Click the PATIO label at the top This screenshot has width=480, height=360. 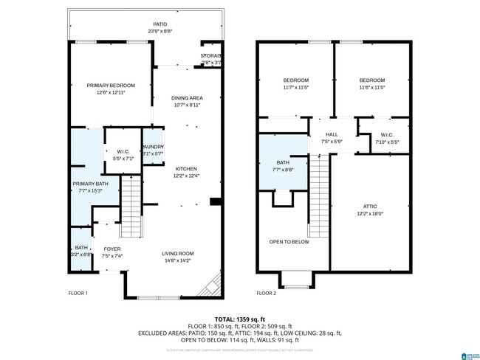pyautogui.click(x=150, y=24)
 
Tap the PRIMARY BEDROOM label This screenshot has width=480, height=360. pyautogui.click(x=106, y=86)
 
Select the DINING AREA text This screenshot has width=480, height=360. pyautogui.click(x=187, y=98)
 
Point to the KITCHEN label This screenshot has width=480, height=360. pyautogui.click(x=186, y=169)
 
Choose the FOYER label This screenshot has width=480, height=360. pyautogui.click(x=112, y=249)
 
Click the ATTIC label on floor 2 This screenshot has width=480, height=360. pyautogui.click(x=370, y=207)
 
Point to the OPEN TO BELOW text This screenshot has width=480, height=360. pyautogui.click(x=289, y=242)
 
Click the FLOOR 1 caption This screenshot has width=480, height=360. pyautogui.click(x=78, y=294)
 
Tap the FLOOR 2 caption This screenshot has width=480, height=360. pyautogui.click(x=266, y=294)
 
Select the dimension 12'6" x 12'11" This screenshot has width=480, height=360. pyautogui.click(x=106, y=93)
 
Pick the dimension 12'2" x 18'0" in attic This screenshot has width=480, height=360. pyautogui.click(x=370, y=214)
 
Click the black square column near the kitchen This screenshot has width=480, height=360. pyautogui.click(x=214, y=201)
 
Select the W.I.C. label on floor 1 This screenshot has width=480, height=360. pyautogui.click(x=123, y=151)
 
